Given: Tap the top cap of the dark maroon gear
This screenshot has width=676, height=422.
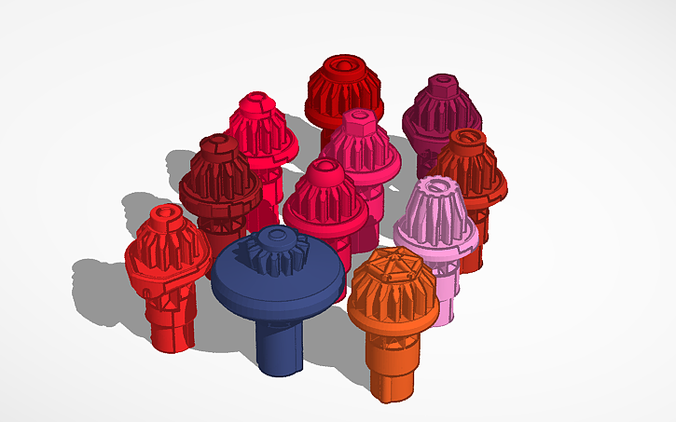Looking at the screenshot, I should tap(217, 144).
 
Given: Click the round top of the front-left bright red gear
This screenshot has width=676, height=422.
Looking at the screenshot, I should tap(166, 216).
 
